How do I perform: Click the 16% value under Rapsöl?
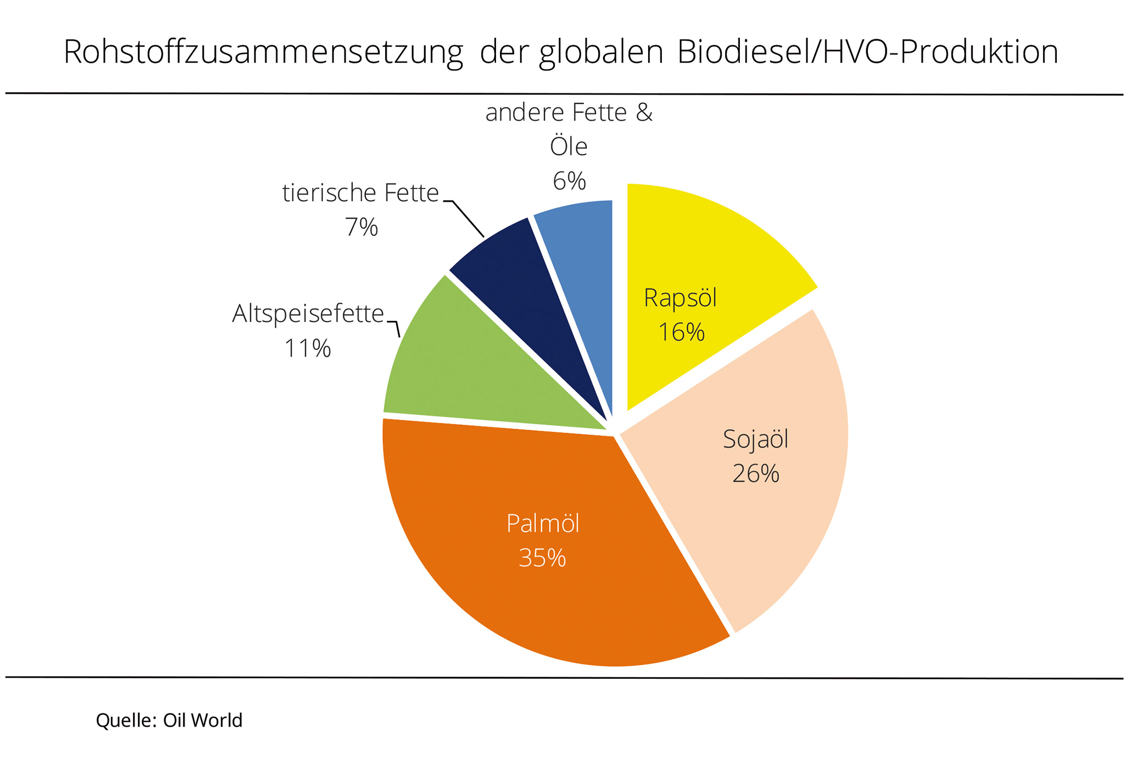pos(681,332)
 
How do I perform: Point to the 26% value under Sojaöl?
pos(756,474)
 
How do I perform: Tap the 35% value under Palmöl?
pos(542,558)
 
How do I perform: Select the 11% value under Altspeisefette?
pos(308,348)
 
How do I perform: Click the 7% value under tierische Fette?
pos(361,227)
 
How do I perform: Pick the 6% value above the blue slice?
pos(570,181)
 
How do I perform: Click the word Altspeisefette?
pos(308,314)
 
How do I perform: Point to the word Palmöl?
pos(543,524)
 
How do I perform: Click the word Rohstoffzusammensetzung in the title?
pos(263,52)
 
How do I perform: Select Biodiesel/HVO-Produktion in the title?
pos(867,52)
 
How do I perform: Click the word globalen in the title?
pos(601,52)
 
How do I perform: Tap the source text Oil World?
pos(203,720)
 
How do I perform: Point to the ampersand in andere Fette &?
pos(644,113)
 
